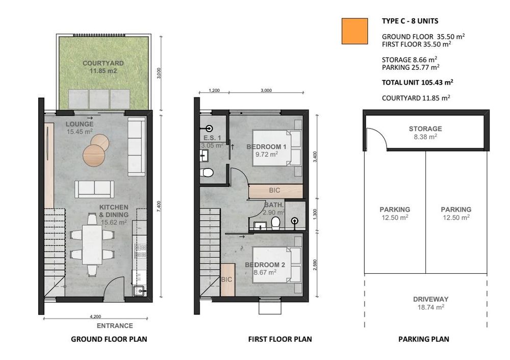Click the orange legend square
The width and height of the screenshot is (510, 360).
(354, 31)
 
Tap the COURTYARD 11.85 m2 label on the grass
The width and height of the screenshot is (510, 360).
(103, 67)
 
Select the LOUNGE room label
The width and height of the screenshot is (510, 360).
(80, 124)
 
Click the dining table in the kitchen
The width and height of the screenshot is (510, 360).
(92, 245)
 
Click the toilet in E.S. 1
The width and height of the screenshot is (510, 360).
(207, 172)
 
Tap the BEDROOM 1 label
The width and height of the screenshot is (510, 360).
(266, 147)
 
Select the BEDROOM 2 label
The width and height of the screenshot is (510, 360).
(265, 265)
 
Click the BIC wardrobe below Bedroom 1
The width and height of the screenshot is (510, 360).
(275, 191)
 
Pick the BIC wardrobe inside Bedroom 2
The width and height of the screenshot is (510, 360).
(227, 279)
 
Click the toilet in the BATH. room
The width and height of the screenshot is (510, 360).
(275, 223)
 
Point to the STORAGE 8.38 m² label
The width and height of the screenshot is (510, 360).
(425, 133)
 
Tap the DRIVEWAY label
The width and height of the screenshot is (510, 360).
(430, 299)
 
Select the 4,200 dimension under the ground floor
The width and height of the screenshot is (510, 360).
(95, 316)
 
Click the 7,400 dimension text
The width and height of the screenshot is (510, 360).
(159, 207)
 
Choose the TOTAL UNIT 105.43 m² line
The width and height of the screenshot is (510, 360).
(418, 82)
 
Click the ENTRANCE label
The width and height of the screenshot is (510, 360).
(115, 325)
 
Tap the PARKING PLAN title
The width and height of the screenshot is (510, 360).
(423, 339)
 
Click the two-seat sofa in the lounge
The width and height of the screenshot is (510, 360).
(94, 189)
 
